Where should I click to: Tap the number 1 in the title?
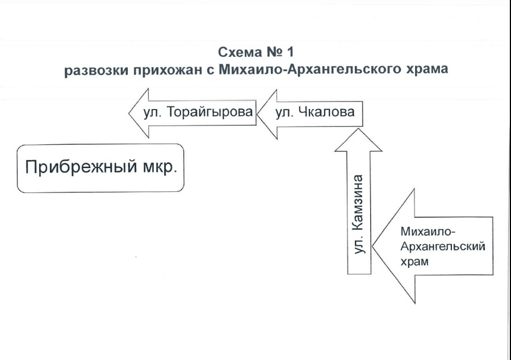(x=290, y=52)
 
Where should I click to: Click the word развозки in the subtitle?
(x=97, y=70)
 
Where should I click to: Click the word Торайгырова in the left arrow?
(x=210, y=112)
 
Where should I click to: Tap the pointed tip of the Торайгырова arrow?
(x=129, y=113)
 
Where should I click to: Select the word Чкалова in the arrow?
(x=326, y=112)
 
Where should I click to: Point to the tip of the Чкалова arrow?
(x=257, y=114)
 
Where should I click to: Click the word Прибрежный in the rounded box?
(x=81, y=167)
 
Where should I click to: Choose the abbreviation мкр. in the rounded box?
(x=160, y=168)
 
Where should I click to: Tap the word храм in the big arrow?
(x=414, y=262)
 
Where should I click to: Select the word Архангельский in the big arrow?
(x=443, y=246)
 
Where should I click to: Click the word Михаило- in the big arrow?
(x=428, y=232)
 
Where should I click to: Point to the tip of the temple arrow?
(x=373, y=246)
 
